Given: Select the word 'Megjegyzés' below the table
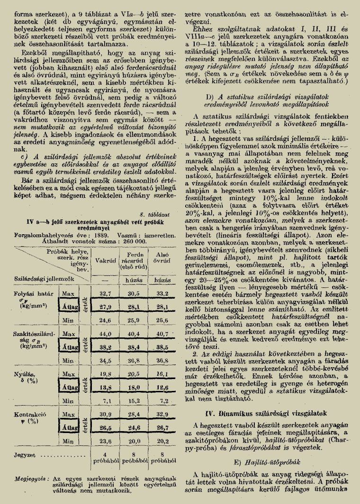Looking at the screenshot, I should (x=31, y=478).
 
